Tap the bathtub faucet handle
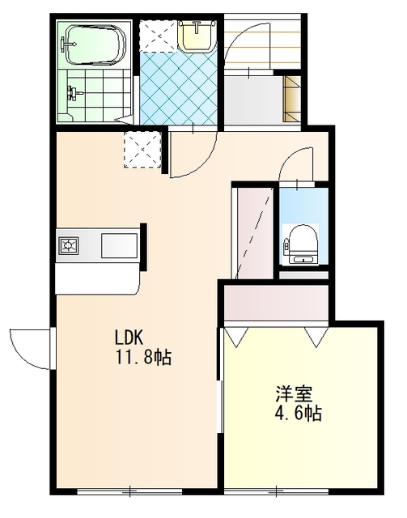pos(66,45)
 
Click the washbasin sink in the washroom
pos(197,36)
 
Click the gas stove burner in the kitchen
pos(69,245)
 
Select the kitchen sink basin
pos(119,245)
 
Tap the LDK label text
pos(128,338)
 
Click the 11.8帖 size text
pos(143,357)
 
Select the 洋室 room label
pos(295,394)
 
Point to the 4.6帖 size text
pos(299,413)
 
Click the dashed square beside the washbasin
pos(158,36)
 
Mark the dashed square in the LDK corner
pos(142,150)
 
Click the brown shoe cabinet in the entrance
pos(292,99)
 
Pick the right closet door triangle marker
pos(317,337)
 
